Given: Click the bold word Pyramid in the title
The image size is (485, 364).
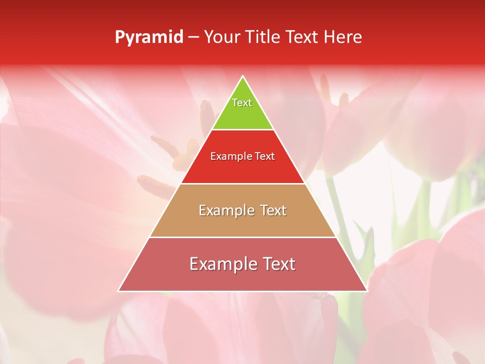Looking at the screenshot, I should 149,37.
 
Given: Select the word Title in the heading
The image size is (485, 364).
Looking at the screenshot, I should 265,37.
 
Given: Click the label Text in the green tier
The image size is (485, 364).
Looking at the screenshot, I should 242,103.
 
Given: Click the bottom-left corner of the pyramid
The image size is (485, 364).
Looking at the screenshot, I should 119,291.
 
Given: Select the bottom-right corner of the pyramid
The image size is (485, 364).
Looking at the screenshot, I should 366,291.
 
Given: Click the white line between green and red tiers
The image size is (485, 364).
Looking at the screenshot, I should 243,129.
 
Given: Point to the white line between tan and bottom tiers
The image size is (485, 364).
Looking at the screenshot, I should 243,237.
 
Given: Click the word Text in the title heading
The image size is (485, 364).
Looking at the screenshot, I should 302,37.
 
